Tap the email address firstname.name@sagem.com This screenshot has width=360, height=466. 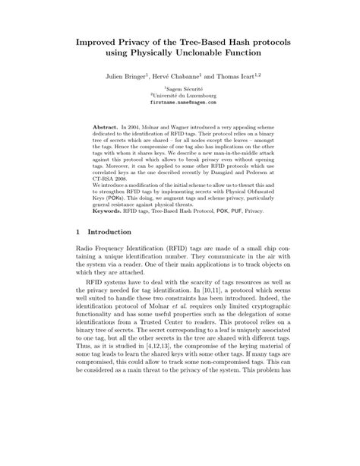click(x=180, y=105)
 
